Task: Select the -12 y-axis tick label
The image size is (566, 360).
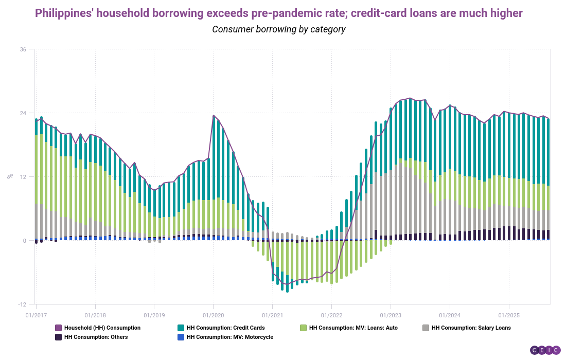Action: point(23,304)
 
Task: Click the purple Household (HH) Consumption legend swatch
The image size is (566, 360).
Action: point(58,328)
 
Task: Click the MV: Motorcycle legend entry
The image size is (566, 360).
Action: point(229,337)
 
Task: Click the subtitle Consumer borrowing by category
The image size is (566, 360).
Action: point(278,29)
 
